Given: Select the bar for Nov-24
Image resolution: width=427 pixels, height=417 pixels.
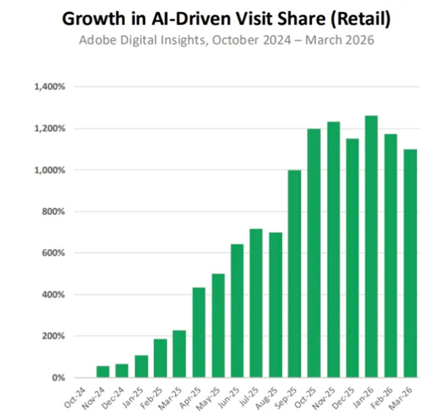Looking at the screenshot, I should coord(102,371).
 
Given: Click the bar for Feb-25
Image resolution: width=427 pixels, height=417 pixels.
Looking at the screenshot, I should coord(160,358).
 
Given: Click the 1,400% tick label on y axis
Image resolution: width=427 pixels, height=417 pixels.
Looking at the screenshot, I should coord(50,87).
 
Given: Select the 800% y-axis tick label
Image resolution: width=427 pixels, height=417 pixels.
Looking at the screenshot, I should coord(54,211).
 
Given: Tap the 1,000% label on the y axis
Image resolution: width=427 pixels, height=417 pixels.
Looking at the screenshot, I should coord(50,170).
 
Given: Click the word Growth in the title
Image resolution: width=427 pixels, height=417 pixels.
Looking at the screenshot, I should coord(95,17).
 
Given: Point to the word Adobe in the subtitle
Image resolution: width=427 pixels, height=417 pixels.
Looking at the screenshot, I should coord(98,39).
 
